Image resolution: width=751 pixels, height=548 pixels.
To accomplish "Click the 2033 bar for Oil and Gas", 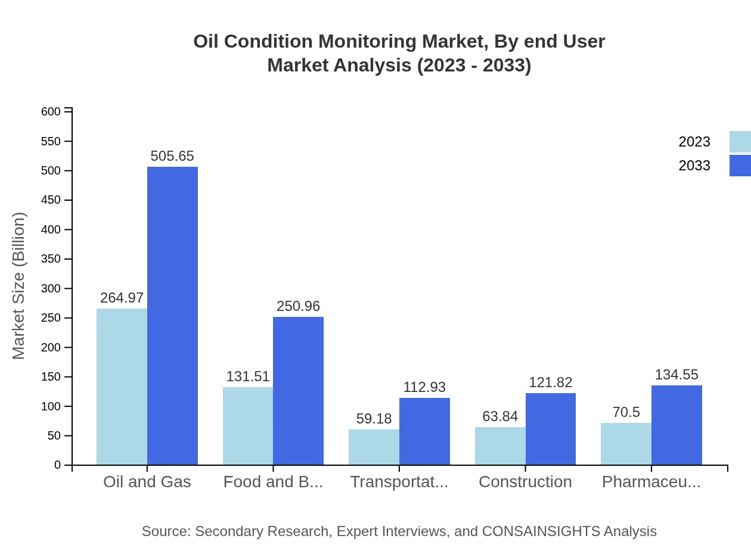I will click(x=172, y=316).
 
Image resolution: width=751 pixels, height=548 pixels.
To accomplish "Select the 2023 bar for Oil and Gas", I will click(x=122, y=387).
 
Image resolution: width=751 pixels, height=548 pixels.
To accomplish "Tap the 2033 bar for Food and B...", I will click(x=298, y=391).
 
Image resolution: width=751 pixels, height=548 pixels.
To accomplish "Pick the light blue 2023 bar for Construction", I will click(x=500, y=446).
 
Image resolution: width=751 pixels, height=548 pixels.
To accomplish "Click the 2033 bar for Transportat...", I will click(x=424, y=431).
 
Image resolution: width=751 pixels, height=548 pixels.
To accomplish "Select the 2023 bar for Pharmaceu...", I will click(x=626, y=444).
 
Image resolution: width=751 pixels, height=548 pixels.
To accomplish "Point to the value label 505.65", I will click(x=172, y=156).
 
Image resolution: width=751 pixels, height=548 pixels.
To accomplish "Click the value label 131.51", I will click(x=248, y=376).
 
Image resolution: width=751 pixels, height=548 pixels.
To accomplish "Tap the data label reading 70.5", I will click(x=626, y=412).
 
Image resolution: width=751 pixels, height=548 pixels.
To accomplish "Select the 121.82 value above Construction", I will click(x=550, y=382).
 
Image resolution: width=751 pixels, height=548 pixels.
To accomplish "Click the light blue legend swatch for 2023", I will click(x=740, y=142).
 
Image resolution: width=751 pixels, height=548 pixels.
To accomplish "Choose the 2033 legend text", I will click(x=694, y=166).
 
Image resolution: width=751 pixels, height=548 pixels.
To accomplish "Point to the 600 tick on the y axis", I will click(x=51, y=112).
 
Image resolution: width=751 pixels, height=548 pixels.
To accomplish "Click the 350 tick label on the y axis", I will click(x=51, y=259).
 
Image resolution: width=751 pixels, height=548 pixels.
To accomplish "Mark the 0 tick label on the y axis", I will click(x=58, y=465).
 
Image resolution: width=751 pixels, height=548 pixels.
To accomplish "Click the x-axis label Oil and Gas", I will click(x=147, y=482).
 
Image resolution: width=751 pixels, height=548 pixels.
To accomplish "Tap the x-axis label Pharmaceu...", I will click(x=651, y=482).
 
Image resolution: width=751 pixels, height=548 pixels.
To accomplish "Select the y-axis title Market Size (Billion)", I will click(x=19, y=286).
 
